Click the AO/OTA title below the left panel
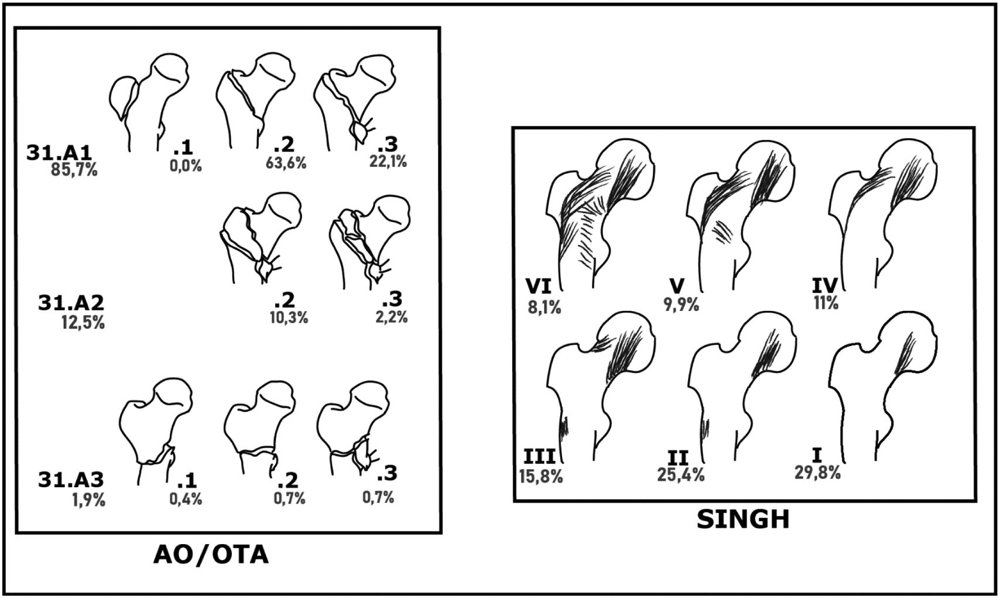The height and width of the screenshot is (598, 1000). coord(211,554)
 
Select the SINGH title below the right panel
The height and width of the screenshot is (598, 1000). coord(743,519)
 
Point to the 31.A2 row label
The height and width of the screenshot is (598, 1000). coord(71,303)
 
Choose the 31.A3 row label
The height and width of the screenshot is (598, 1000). coord(71,480)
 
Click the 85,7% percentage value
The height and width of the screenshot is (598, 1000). coord(73,170)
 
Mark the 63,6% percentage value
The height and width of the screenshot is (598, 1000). coord(286,163)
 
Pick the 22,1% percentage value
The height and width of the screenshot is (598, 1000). coord(388,161)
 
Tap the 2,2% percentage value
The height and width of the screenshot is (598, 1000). coord(391,318)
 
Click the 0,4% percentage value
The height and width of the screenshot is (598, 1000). coord(186,499)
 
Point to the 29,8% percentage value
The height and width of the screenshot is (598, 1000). coord(818,473)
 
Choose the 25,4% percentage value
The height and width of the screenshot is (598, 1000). coord(681,474)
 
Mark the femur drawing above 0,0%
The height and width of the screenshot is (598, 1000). coord(149,100)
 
